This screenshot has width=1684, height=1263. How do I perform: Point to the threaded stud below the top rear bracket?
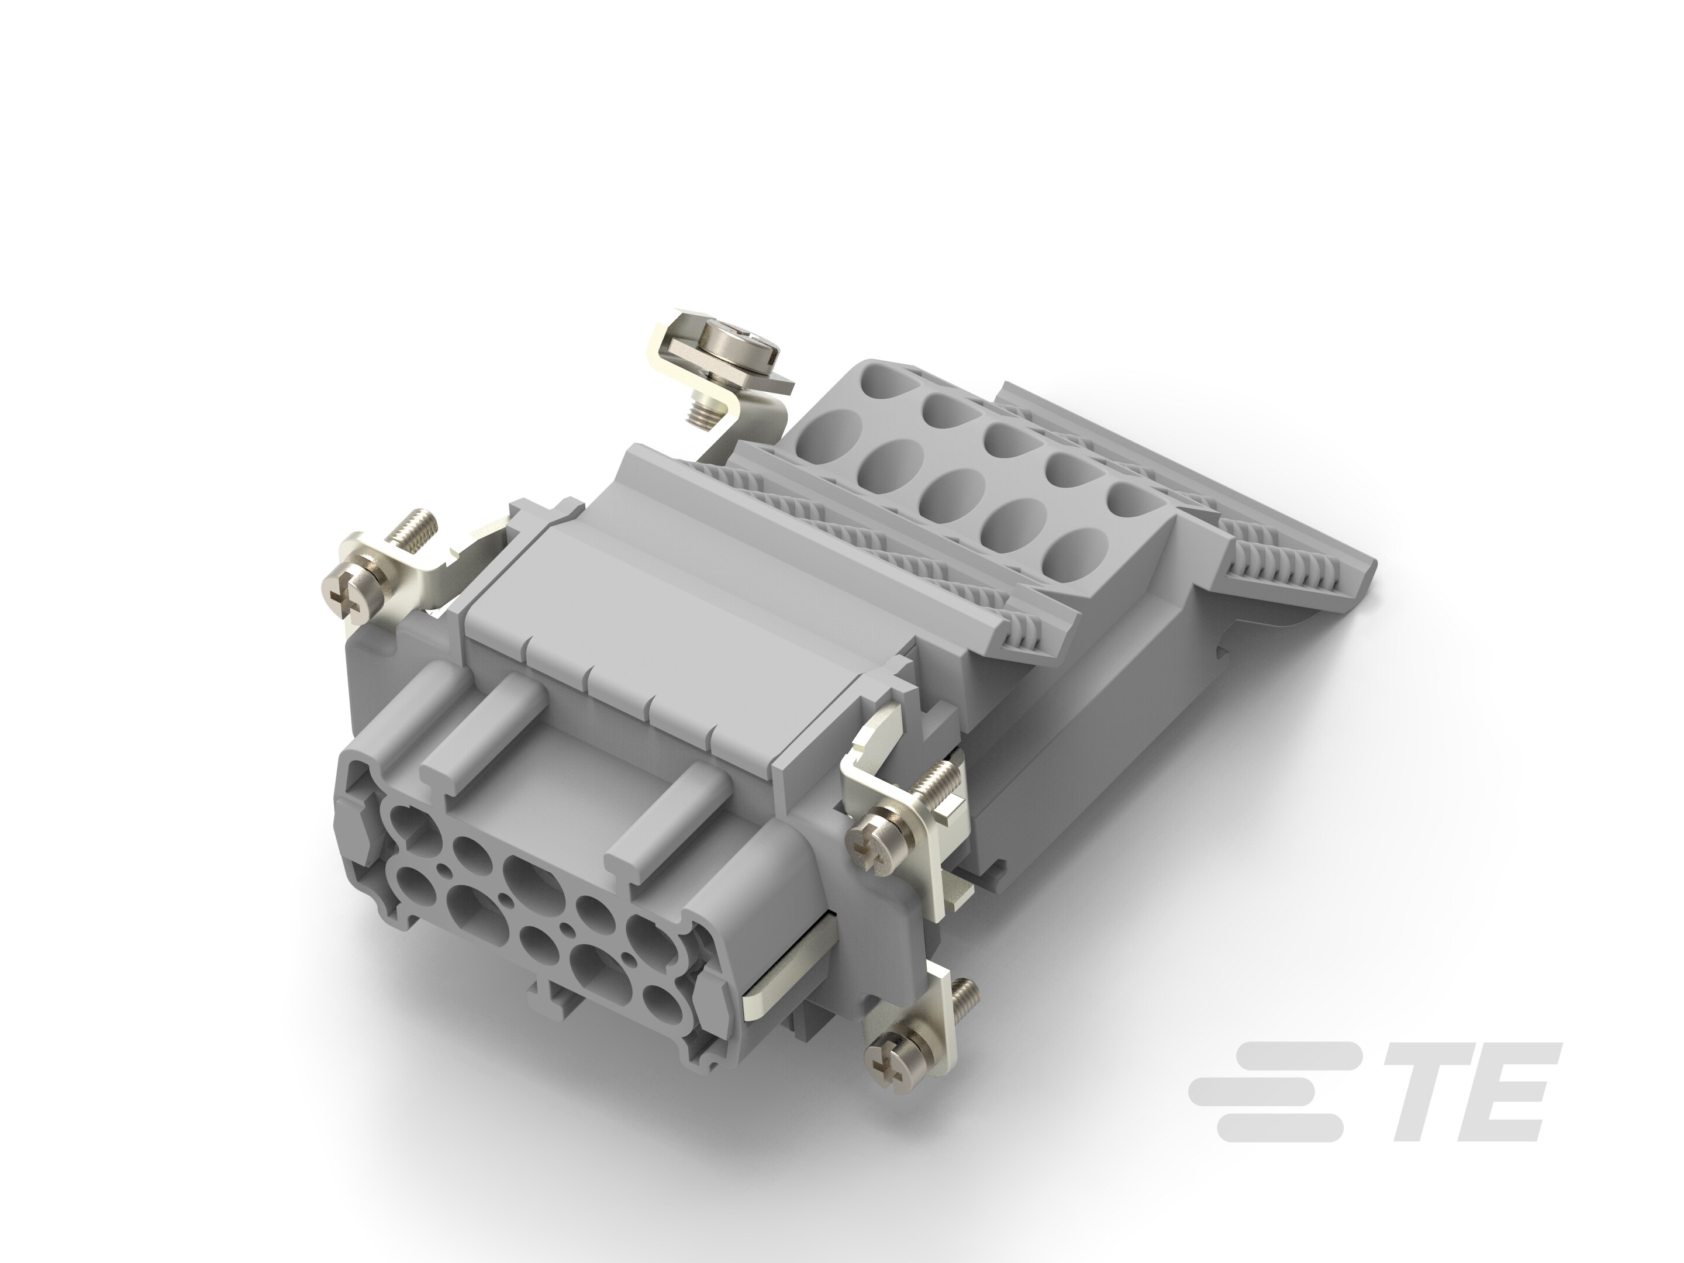698,415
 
